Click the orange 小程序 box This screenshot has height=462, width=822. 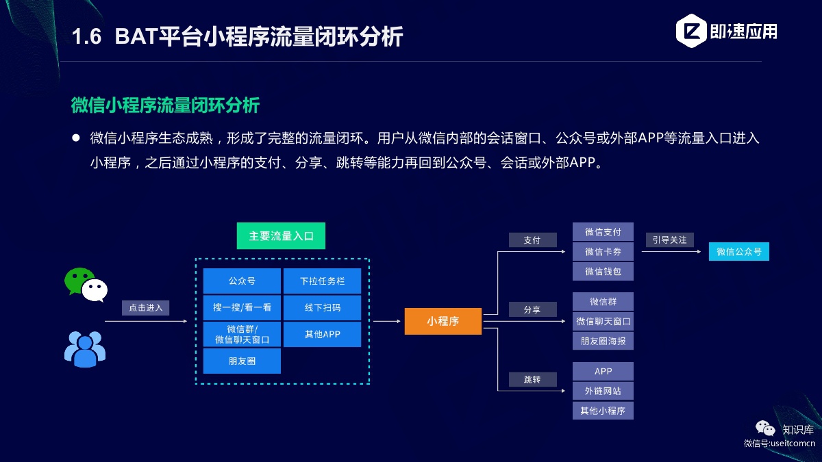pyautogui.click(x=443, y=321)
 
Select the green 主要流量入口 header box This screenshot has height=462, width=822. pyautogui.click(x=281, y=235)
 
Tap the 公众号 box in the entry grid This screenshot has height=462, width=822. pyautogui.click(x=242, y=281)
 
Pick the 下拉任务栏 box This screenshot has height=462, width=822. pyautogui.click(x=322, y=281)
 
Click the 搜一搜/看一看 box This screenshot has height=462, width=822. pyautogui.click(x=242, y=307)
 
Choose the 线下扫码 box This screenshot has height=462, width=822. pyautogui.click(x=322, y=307)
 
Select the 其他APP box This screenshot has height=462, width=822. pyautogui.click(x=322, y=334)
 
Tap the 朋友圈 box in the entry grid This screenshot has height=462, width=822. pyautogui.click(x=242, y=361)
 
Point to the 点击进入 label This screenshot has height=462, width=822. pyautogui.click(x=146, y=307)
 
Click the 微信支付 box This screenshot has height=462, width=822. pyautogui.click(x=603, y=232)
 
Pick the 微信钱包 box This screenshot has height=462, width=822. pyautogui.click(x=603, y=271)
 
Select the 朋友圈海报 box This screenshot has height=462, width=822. pyautogui.click(x=603, y=341)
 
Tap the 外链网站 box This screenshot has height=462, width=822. pyautogui.click(x=603, y=391)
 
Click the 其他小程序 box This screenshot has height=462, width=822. pyautogui.click(x=603, y=411)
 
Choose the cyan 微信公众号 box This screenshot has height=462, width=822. pyautogui.click(x=739, y=252)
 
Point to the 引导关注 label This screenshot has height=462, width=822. pyautogui.click(x=670, y=240)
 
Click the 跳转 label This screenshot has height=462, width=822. pyautogui.click(x=532, y=379)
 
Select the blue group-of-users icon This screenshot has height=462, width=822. pyautogui.click(x=85, y=349)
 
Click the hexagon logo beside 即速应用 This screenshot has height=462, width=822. pyautogui.click(x=691, y=31)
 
